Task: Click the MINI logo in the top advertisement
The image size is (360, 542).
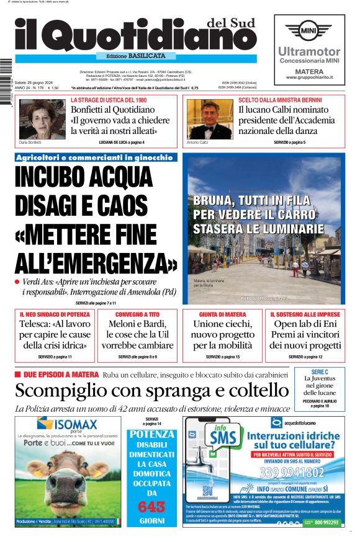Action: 308,30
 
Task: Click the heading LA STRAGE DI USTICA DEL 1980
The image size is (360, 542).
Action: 109,100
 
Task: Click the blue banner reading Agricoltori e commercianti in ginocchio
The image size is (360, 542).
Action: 95,158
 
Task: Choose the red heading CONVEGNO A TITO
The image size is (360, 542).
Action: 137,314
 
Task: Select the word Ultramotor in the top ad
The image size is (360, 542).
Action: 309,51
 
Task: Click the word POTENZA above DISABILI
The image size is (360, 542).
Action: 152,434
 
